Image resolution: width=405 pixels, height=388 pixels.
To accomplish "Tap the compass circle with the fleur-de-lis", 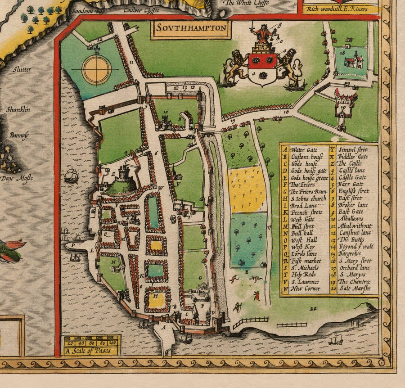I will pyautogui.click(x=96, y=69).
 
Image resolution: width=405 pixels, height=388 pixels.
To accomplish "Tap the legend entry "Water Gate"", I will pyautogui.click(x=304, y=149).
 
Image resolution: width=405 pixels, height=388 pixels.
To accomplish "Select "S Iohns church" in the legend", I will pyautogui.click(x=308, y=198).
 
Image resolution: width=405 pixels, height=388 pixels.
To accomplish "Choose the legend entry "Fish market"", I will pyautogui.click(x=306, y=261).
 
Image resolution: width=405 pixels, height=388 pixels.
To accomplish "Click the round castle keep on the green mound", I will pyautogui.click(x=123, y=174).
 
